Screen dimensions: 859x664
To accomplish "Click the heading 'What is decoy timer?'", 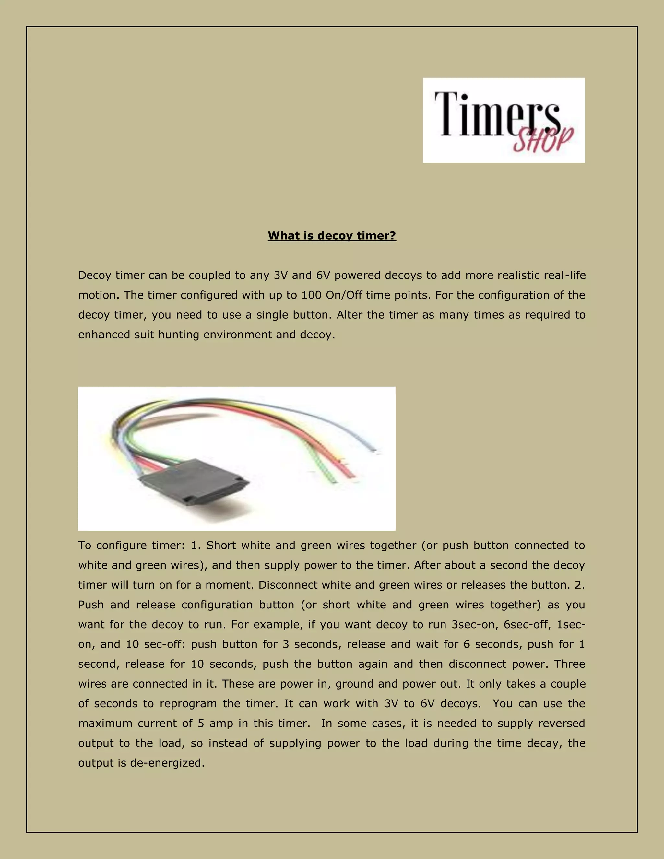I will pos(332,236).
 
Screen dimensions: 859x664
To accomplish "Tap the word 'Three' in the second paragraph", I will pos(570,664).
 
